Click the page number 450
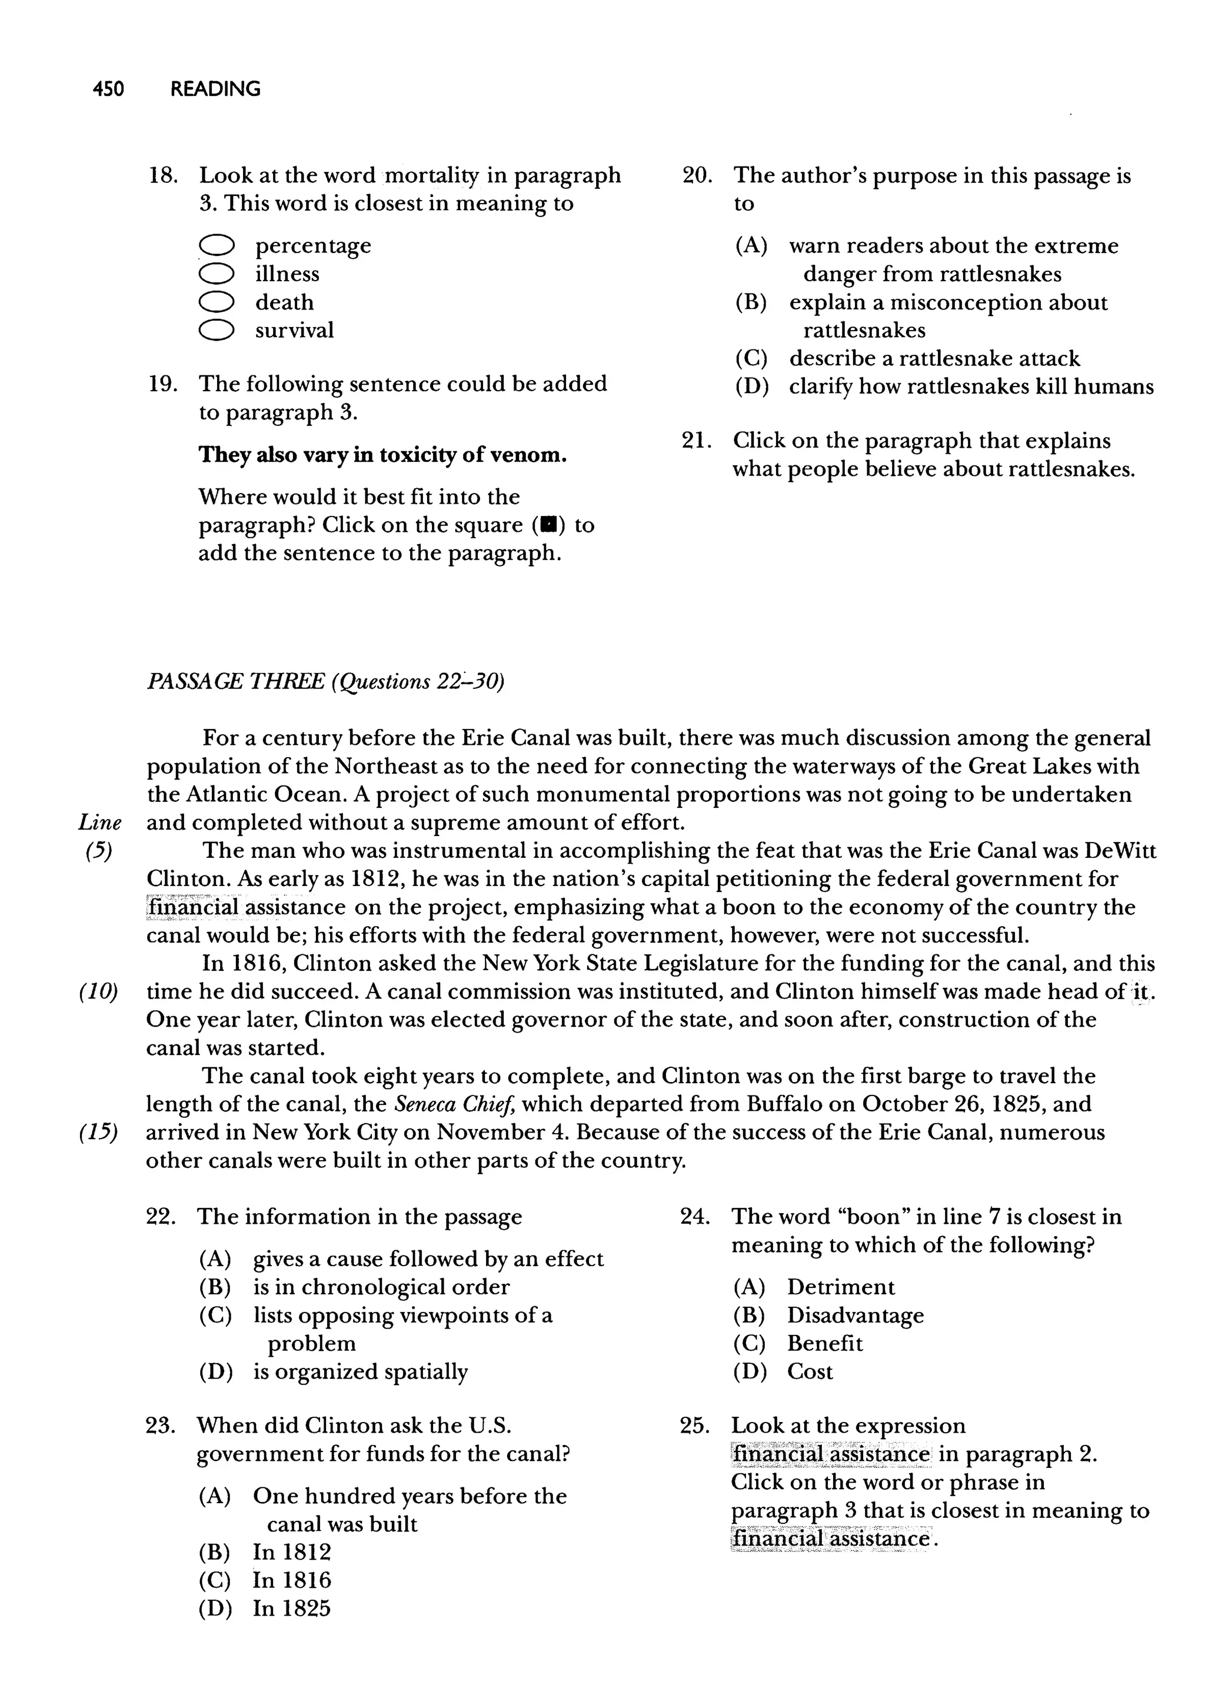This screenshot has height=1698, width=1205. [x=108, y=89]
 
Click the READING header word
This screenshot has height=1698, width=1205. [x=215, y=89]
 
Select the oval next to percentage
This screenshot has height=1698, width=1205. [x=217, y=245]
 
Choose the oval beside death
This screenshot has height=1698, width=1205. [x=217, y=302]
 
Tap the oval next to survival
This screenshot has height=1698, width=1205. [x=217, y=330]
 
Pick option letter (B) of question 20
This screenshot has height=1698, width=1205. [x=751, y=302]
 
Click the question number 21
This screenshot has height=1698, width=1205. [x=695, y=441]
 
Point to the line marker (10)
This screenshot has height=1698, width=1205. [x=98, y=992]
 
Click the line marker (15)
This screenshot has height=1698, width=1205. [x=98, y=1133]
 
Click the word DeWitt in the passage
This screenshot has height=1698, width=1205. [x=1120, y=851]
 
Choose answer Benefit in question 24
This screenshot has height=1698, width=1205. [x=824, y=1343]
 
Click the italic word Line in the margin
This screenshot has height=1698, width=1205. [x=99, y=823]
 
